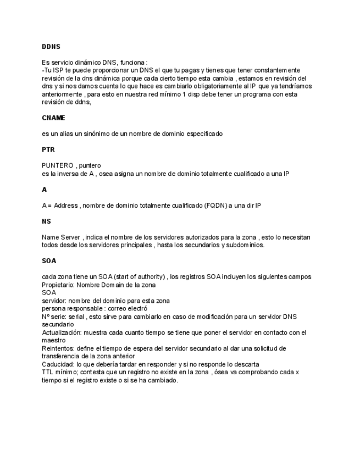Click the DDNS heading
click(51, 47)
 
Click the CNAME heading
click(53, 118)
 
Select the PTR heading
click(48, 149)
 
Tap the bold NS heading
click(46, 221)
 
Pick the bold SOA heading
click(49, 261)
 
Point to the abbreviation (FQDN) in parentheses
click(215, 205)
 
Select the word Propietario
click(60, 285)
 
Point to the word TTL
click(48, 372)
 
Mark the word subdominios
click(242, 245)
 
